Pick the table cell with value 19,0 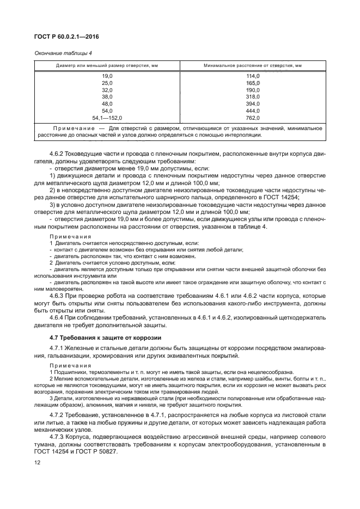[107, 76]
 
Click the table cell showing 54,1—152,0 [107, 117]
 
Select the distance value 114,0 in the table [253, 76]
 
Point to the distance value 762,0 [253, 117]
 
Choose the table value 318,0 [253, 96]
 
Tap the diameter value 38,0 [107, 96]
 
